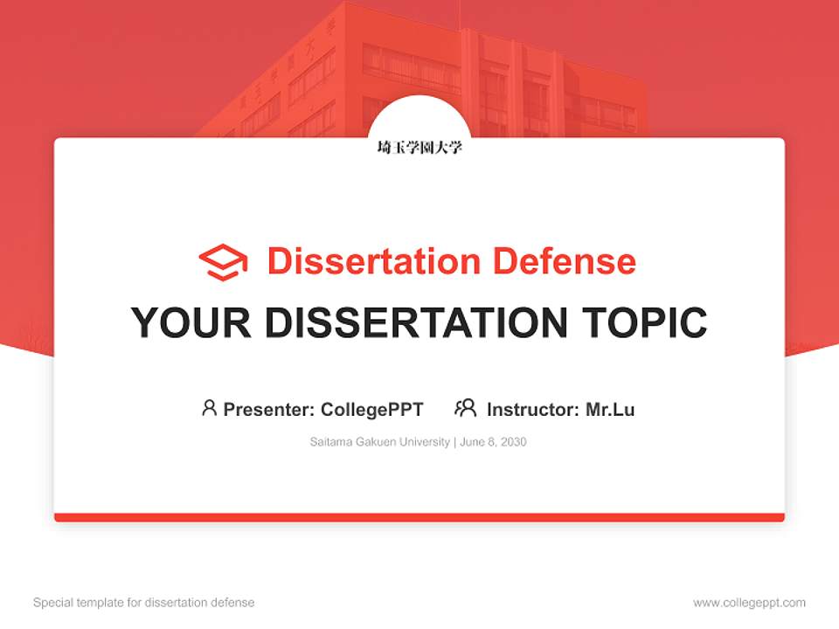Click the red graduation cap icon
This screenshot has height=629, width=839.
223,261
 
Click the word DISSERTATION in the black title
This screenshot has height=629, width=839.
416,322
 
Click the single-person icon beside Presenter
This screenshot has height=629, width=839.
209,408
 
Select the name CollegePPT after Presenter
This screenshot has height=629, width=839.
371,410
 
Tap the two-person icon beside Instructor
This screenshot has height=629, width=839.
465,408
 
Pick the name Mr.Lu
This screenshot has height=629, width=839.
610,410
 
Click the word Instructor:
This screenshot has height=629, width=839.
533,410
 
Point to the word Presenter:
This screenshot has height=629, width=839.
269,410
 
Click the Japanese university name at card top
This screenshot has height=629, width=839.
419,148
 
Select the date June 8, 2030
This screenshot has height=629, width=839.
493,442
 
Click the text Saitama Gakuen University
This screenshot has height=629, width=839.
379,442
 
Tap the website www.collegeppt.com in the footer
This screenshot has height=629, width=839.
749,603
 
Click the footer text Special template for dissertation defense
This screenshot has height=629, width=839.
144,603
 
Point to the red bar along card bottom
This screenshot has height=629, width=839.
419,517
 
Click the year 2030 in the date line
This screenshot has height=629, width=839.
514,442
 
